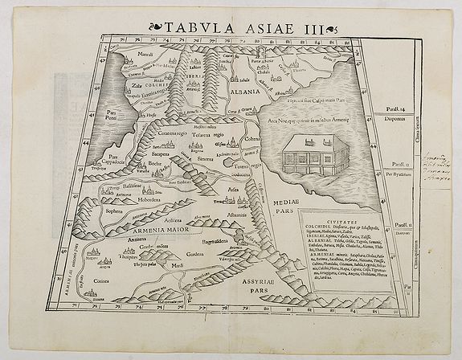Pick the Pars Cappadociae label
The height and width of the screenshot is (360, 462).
113,160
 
